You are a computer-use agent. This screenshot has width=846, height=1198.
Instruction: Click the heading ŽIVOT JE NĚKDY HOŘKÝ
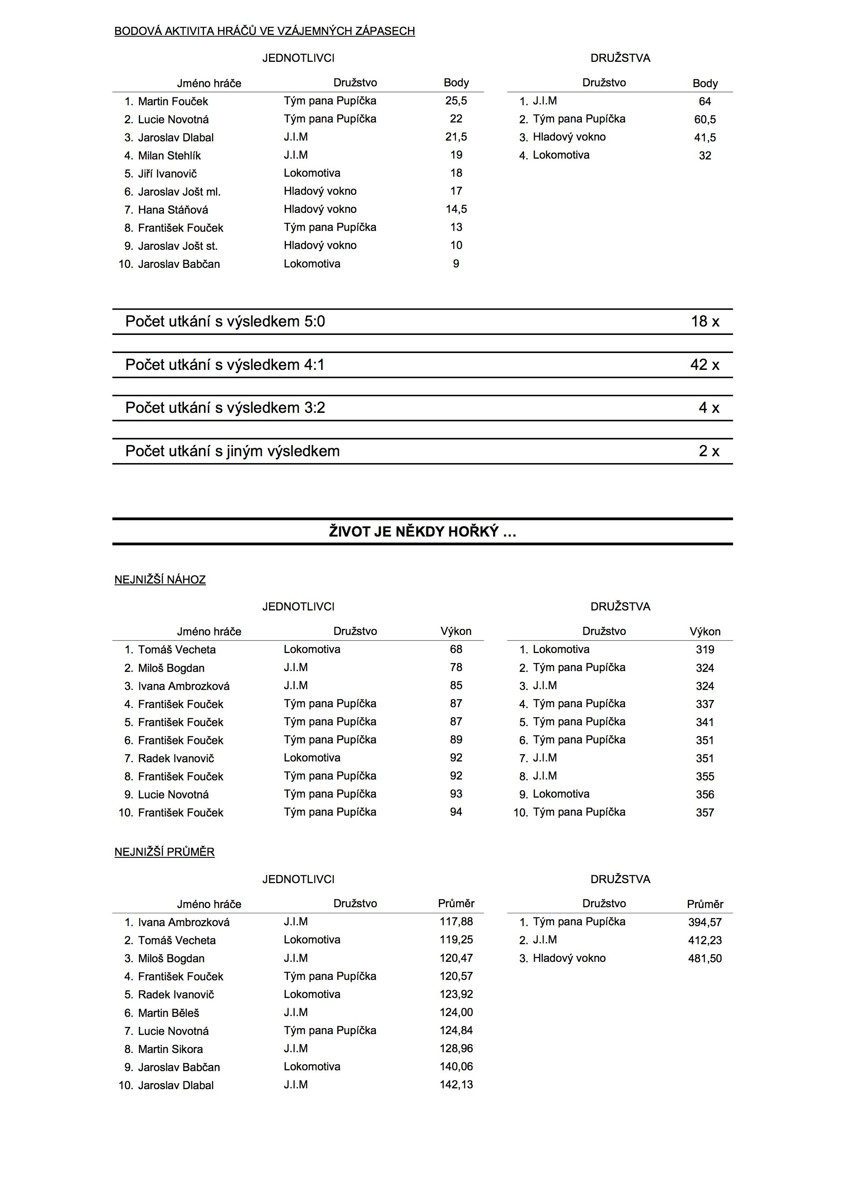click(x=422, y=532)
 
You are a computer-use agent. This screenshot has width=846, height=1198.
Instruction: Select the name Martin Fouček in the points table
click(x=173, y=102)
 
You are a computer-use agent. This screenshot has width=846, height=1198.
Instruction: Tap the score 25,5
click(x=456, y=101)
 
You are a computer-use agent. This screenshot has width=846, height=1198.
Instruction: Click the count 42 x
click(x=704, y=365)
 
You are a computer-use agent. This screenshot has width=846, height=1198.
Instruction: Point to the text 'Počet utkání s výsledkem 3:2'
click(x=225, y=408)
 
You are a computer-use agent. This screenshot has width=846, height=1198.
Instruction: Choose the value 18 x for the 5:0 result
click(x=705, y=321)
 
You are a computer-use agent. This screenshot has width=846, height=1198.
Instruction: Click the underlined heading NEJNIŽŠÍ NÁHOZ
click(x=160, y=580)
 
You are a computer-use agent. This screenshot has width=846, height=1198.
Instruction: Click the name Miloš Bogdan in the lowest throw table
click(x=171, y=668)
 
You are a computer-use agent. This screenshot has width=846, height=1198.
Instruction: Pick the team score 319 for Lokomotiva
click(x=705, y=650)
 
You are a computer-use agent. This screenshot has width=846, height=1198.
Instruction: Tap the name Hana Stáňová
click(x=173, y=210)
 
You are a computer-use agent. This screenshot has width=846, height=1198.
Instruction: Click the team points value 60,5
click(x=705, y=120)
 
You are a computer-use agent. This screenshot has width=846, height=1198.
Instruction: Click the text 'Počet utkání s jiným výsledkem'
click(x=232, y=451)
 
